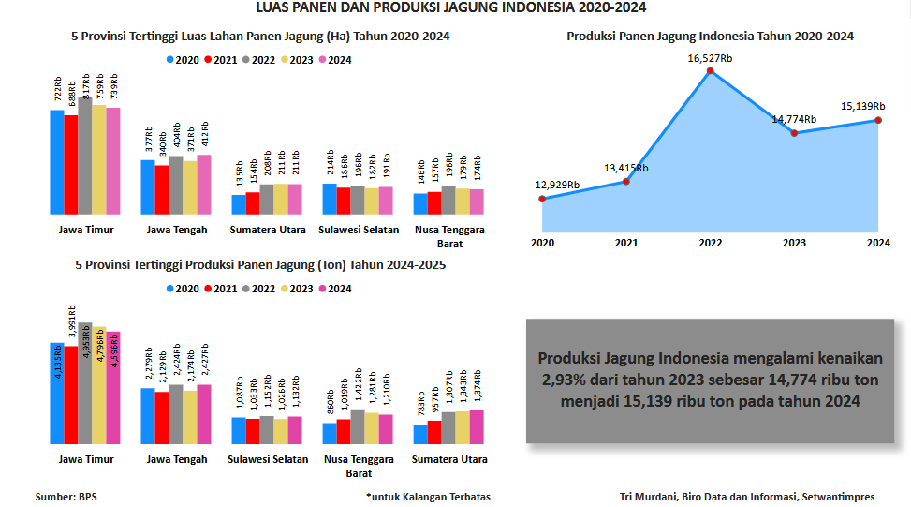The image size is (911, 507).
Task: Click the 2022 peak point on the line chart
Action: coord(711,71)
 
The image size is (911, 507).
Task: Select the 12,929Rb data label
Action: coord(558,185)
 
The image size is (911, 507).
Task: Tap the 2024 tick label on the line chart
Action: coord(877,243)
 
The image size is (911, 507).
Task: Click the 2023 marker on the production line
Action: coord(794,133)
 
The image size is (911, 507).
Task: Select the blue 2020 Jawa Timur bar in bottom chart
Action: coord(57,393)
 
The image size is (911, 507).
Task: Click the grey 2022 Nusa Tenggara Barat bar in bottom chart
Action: coord(358,426)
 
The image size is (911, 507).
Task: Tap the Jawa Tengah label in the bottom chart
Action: coord(177,459)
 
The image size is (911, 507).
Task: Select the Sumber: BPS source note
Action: coord(66,497)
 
